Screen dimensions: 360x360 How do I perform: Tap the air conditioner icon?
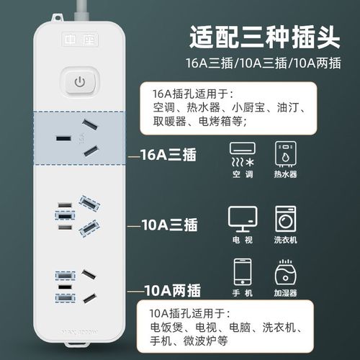click(241, 153)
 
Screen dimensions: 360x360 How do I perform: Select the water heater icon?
click(285, 153)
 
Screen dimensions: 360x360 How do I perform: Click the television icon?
click(241, 217)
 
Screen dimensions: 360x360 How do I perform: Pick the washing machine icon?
click(285, 217)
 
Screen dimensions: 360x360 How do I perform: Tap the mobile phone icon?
click(241, 274)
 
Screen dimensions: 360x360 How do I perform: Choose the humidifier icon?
click(285, 274)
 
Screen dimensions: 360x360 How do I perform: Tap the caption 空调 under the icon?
click(241, 174)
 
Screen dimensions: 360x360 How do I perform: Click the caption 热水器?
click(285, 174)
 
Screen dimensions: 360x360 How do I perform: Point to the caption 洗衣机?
click(285, 238)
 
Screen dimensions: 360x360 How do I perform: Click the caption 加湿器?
click(285, 294)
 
